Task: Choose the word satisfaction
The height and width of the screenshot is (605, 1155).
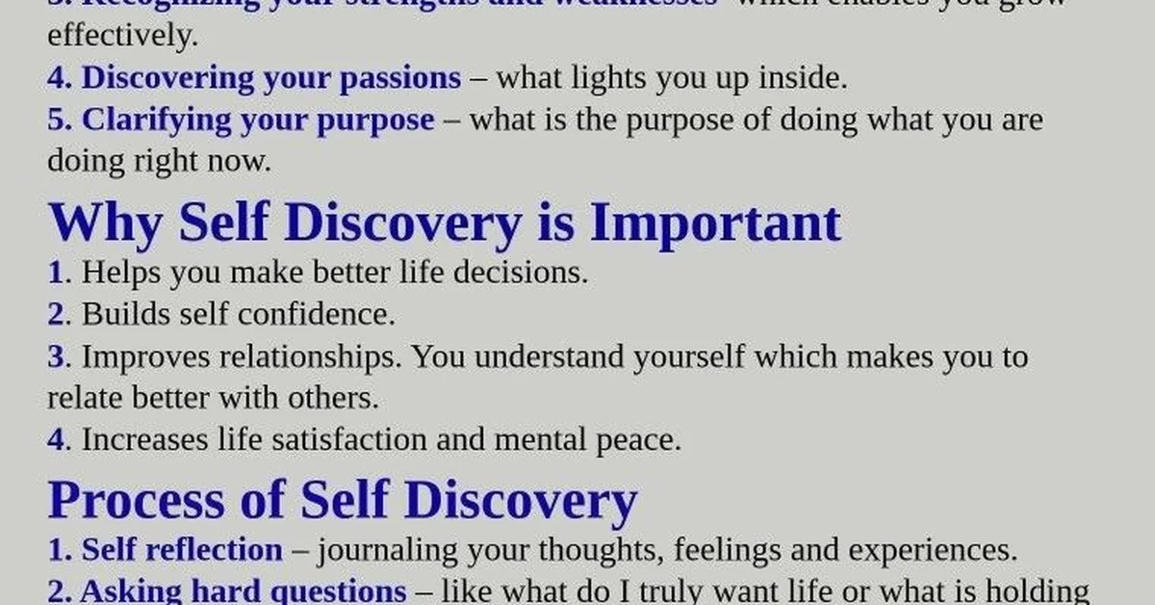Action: pyautogui.click(x=372, y=440)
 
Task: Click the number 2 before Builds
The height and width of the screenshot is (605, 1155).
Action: pyautogui.click(x=55, y=314)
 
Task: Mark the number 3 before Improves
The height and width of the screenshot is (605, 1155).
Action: pyautogui.click(x=55, y=356)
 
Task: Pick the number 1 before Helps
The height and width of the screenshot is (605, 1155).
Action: pyautogui.click(x=55, y=273)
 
